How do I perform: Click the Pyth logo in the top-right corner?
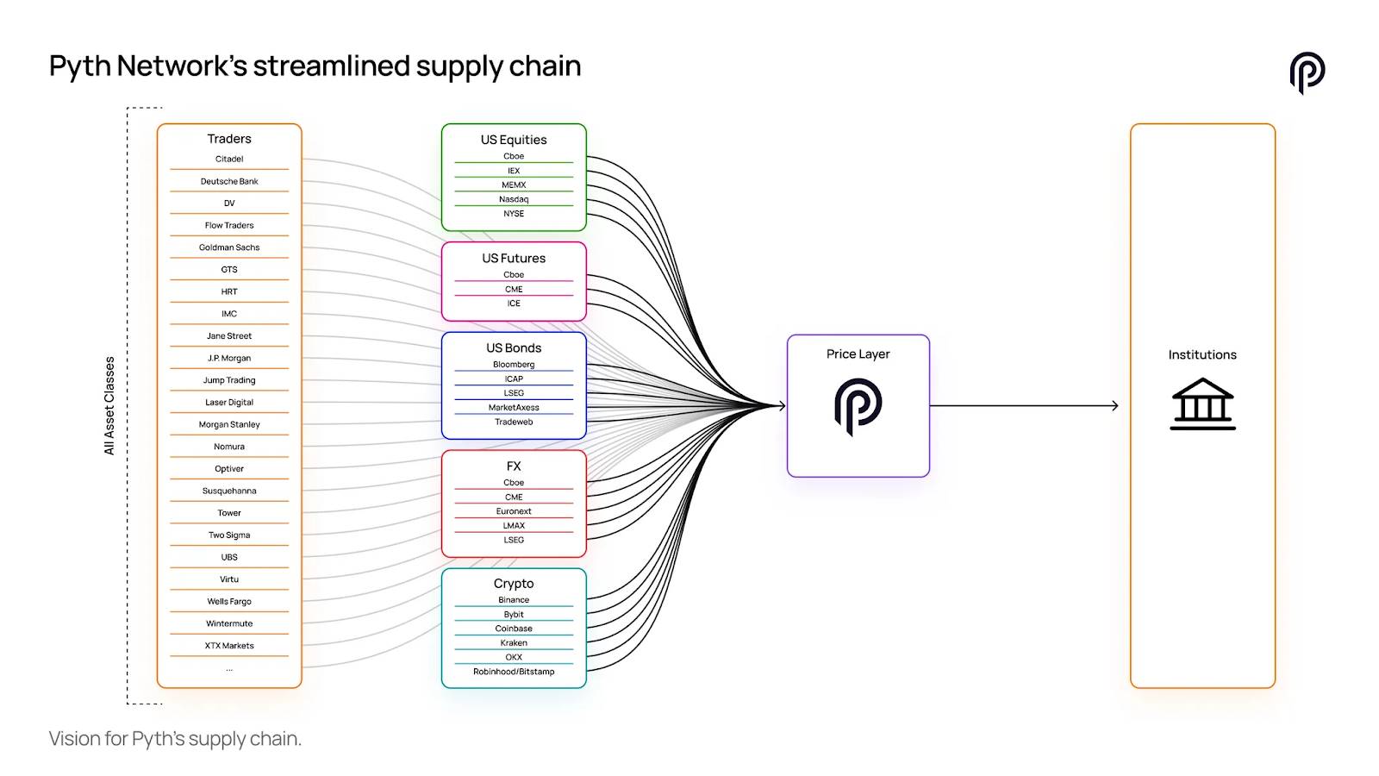pos(1307,72)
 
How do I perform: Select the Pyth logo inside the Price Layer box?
pos(858,406)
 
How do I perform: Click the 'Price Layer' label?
pos(858,354)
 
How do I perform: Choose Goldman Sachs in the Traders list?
pos(229,247)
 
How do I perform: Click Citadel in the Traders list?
pos(229,160)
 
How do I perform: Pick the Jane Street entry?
pos(229,336)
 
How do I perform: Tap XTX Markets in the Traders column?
pos(229,646)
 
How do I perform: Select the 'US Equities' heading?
pos(514,140)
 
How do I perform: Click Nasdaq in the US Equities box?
pos(514,199)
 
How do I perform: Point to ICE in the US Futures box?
pos(514,304)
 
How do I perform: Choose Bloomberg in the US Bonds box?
pos(514,365)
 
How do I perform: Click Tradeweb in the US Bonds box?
pos(514,422)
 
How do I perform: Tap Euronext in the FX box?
pos(514,511)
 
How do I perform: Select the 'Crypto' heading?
pos(514,584)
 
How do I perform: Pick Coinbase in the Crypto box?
pos(514,629)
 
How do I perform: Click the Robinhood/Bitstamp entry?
pos(514,672)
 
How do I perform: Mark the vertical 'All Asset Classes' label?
pos(109,405)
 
